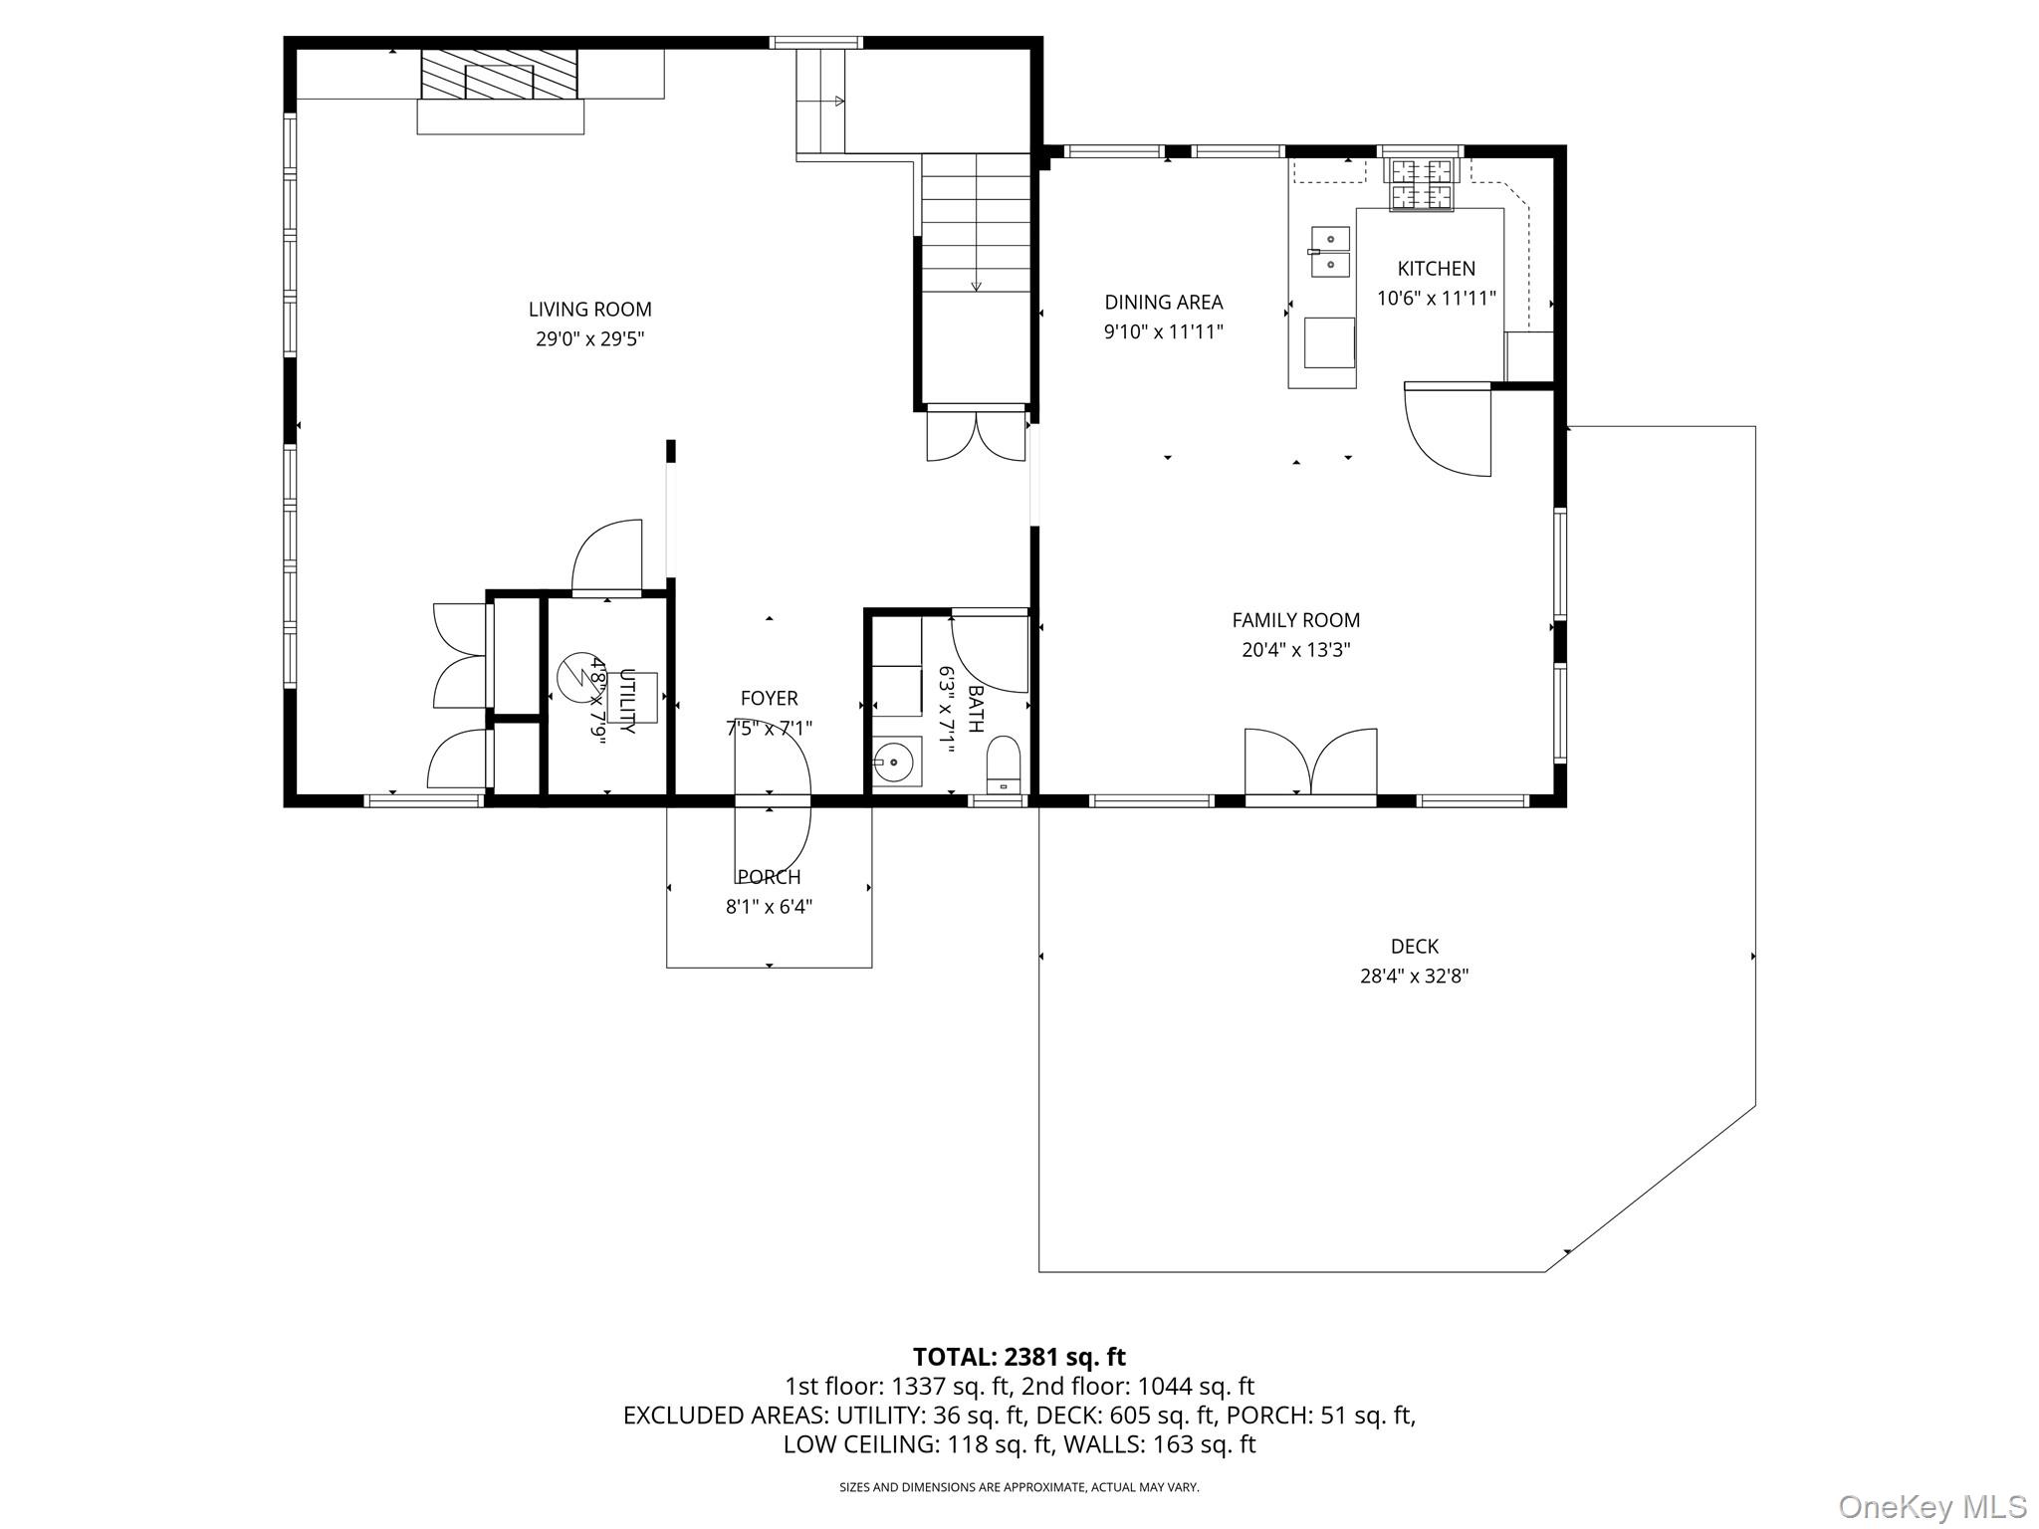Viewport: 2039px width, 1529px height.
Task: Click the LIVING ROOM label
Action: [589, 310]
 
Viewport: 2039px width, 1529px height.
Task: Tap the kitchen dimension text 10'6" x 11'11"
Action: [1436, 299]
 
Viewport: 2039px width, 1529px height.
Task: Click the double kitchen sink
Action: [1330, 251]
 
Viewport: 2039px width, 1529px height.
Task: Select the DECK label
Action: [1414, 947]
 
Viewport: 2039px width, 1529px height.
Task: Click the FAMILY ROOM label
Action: [1295, 620]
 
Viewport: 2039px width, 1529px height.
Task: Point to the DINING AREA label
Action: [1163, 303]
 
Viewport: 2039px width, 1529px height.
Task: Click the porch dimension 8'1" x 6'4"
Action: [769, 907]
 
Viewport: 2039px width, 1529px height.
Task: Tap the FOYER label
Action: [769, 699]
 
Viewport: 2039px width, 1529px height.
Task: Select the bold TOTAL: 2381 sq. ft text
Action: [1019, 1357]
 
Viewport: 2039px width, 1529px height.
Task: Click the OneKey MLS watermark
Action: [1931, 1506]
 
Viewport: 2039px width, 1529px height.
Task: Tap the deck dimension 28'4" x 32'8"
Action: [1414, 977]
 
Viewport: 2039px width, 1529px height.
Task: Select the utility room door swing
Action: [604, 557]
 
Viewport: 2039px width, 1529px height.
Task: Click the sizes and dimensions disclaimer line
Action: [1019, 1487]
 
